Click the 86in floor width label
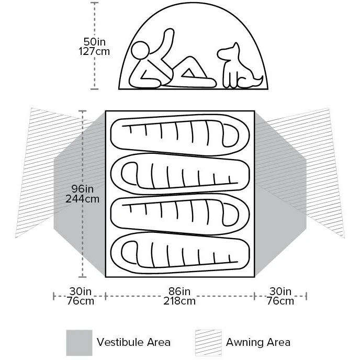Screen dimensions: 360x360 click(179, 291)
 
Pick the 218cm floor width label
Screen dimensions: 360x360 click(179, 301)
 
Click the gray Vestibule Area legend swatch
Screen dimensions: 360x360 click(79, 343)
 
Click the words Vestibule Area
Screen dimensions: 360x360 click(133, 343)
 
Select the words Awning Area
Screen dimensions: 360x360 click(258, 343)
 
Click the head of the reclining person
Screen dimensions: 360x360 click(140, 52)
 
